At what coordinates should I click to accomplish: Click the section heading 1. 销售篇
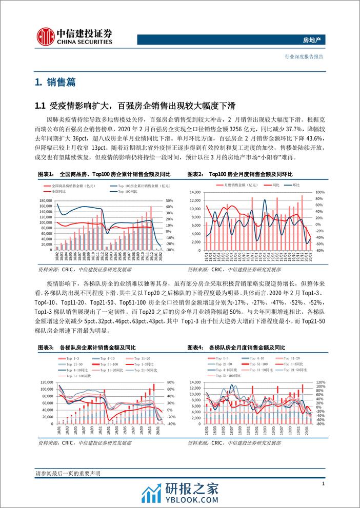51,82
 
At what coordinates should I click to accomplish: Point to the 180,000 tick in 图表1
45,200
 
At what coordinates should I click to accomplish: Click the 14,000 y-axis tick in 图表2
197,192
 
